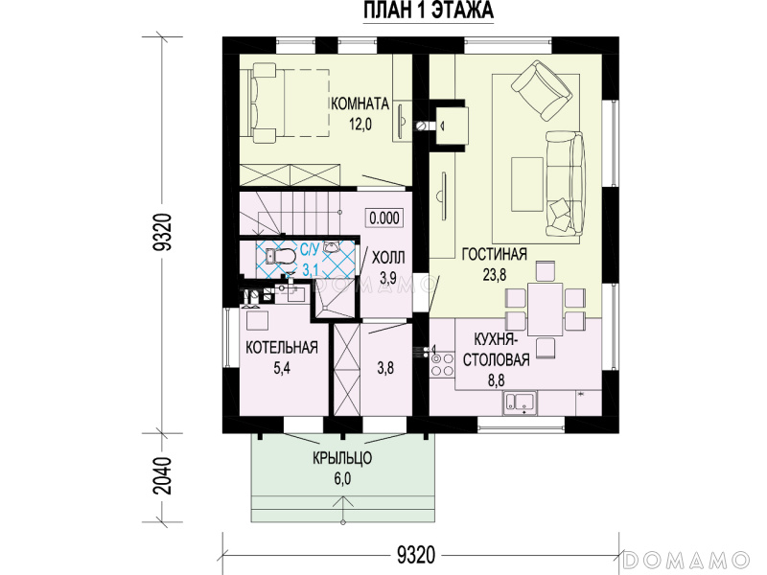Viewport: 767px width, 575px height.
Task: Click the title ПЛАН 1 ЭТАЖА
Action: click(x=429, y=11)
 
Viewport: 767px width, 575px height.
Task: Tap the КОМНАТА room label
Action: click(x=360, y=103)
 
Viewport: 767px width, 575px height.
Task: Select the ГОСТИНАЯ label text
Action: click(x=495, y=254)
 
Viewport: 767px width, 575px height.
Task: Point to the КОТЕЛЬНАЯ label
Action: click(x=282, y=348)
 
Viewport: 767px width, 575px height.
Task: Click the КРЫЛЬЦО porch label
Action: click(x=342, y=458)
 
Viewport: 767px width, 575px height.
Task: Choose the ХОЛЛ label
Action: click(x=388, y=257)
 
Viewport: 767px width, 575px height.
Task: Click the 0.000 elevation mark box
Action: click(x=384, y=218)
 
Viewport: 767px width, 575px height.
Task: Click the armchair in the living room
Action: click(x=542, y=91)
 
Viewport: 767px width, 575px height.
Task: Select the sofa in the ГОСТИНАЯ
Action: click(x=566, y=183)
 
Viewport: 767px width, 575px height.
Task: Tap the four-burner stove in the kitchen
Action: click(x=442, y=365)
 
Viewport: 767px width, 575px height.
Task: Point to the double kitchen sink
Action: click(x=520, y=402)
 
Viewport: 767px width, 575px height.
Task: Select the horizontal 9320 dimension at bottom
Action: click(x=416, y=555)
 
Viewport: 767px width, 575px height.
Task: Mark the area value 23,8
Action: click(x=495, y=275)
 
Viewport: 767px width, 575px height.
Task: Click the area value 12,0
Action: click(x=360, y=125)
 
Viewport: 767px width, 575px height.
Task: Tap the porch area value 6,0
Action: click(x=342, y=478)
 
